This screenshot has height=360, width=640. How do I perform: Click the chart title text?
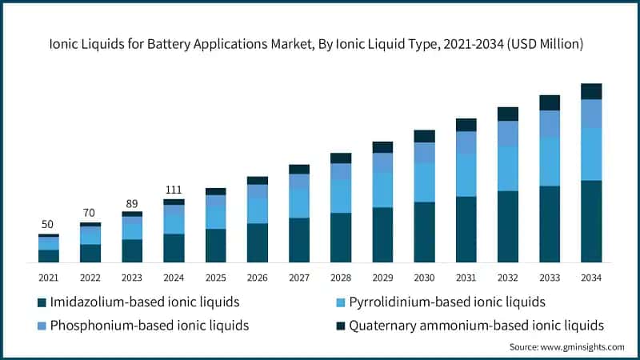[x=320, y=45]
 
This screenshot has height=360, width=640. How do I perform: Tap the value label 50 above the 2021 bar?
[x=49, y=224]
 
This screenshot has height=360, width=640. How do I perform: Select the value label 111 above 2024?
[x=174, y=189]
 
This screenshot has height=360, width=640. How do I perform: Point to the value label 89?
[x=132, y=202]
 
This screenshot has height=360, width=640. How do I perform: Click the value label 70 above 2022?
[x=90, y=213]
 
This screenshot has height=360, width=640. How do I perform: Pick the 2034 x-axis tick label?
[x=591, y=277]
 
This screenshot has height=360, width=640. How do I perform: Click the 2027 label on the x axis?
[x=299, y=277]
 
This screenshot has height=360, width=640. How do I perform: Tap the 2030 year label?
[x=424, y=277]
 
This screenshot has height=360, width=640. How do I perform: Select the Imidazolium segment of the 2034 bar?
[x=591, y=222]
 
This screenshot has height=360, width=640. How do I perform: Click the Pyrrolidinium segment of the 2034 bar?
[x=591, y=154]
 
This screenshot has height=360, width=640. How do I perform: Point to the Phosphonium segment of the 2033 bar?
[x=550, y=123]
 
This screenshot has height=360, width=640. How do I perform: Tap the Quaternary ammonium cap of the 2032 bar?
[x=508, y=114]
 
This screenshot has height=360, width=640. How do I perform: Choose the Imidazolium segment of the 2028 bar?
[x=341, y=238]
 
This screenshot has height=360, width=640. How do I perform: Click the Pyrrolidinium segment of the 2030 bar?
[x=424, y=182]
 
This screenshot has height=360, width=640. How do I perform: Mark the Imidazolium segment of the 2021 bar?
[x=49, y=256]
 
